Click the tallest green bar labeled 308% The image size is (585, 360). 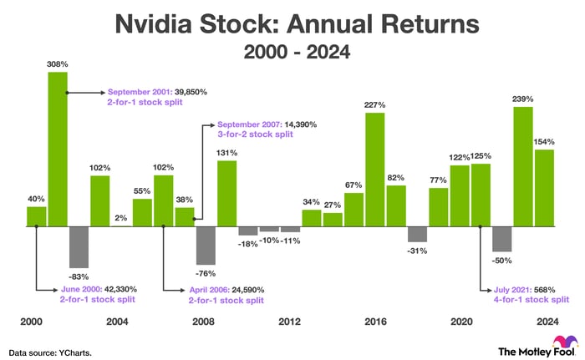coord(58,149)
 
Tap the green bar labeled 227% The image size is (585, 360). coord(375,170)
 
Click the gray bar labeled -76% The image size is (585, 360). coord(206,246)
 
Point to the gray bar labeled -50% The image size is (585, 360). coord(502,239)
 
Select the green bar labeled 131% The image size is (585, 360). coord(227,193)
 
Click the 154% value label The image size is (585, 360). coord(545,142)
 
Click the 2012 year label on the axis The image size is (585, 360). coord(290,321)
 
